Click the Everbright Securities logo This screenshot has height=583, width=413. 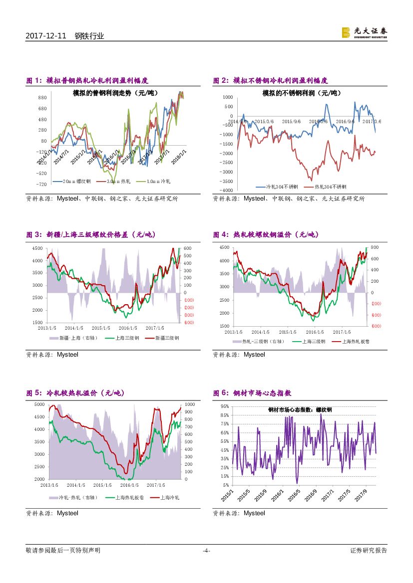pos(364,32)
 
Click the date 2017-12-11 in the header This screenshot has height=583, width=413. pos(45,36)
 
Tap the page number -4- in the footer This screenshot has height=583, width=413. pos(206,551)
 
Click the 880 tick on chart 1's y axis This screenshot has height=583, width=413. pos(42,98)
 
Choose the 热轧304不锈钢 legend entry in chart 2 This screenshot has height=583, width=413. pos(330,187)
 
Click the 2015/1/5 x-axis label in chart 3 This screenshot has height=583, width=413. pos(101,328)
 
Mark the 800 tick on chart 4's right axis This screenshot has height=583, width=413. pos(375,247)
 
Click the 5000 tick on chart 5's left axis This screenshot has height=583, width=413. pos(39,404)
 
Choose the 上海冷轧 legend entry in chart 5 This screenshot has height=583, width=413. pos(169,497)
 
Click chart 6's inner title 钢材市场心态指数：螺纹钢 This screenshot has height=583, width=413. pos(300,409)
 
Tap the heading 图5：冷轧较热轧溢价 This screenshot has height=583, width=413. pos(75,393)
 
